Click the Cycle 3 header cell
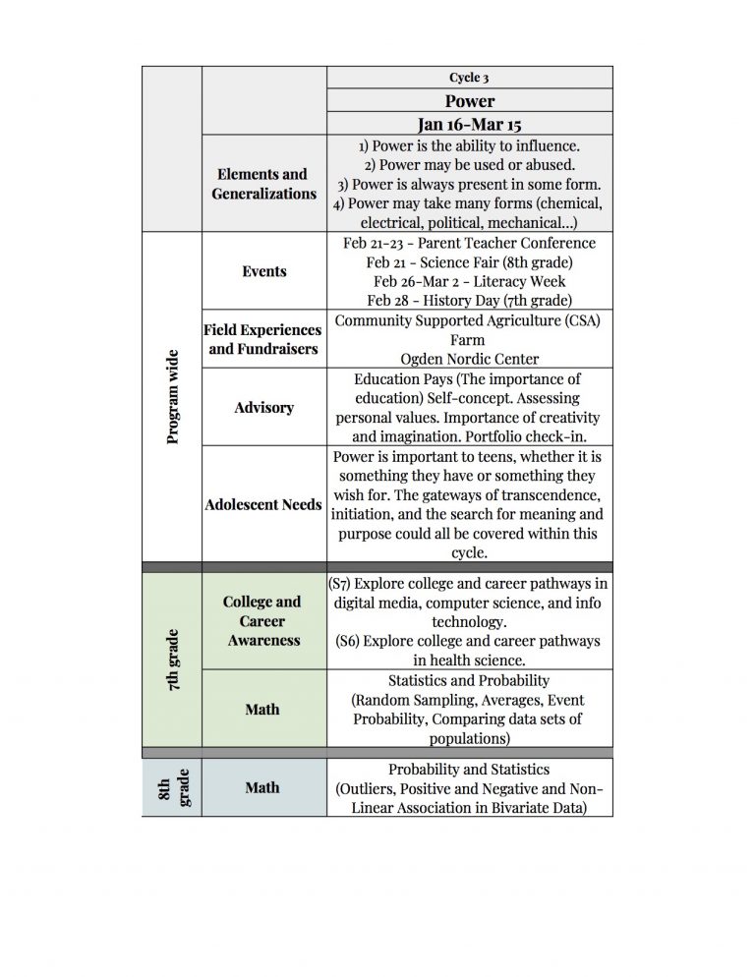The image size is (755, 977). tap(469, 78)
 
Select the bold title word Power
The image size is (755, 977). tap(469, 101)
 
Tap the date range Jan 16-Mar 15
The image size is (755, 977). tap(469, 124)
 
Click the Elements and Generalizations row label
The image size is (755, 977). tap(263, 184)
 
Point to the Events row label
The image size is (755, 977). tap(263, 271)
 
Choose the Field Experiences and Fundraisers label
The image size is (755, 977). tap(263, 339)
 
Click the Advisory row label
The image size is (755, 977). tap(263, 407)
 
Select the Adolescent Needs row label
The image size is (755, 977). tap(263, 504)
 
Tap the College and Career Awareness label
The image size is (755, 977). tap(262, 620)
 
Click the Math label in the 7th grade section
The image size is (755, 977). tap(262, 709)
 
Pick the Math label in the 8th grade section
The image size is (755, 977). tap(262, 787)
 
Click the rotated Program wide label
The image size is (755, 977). tap(173, 396)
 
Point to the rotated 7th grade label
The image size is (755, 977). tap(173, 660)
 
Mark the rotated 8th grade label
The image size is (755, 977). tap(173, 787)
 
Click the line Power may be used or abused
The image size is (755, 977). tap(469, 164)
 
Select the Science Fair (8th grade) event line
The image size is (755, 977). tap(469, 261)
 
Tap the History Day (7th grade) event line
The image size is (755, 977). tap(469, 300)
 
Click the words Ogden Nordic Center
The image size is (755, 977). tap(469, 359)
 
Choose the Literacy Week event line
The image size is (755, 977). tap(469, 281)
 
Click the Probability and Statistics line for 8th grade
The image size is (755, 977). tap(469, 770)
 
